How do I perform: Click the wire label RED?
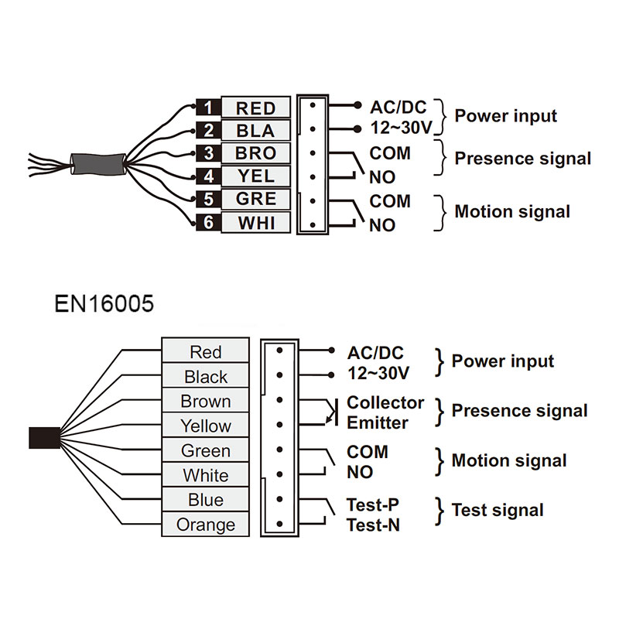[x=255, y=108]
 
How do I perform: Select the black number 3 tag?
[x=207, y=153]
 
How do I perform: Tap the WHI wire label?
[x=255, y=224]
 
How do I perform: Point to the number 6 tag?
[x=207, y=223]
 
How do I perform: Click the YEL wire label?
[x=255, y=176]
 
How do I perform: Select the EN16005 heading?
[x=104, y=303]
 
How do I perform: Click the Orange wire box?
[x=205, y=525]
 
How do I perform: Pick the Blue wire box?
[x=205, y=500]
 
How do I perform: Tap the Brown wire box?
[x=205, y=401]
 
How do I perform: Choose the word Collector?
[x=385, y=402]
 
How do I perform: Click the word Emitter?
[x=377, y=422]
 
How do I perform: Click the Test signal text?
[x=498, y=510]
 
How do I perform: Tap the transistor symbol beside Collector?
[x=331, y=412]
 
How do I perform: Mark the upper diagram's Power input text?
[x=505, y=116]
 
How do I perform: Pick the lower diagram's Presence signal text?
[x=519, y=411]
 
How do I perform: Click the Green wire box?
[x=205, y=450]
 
